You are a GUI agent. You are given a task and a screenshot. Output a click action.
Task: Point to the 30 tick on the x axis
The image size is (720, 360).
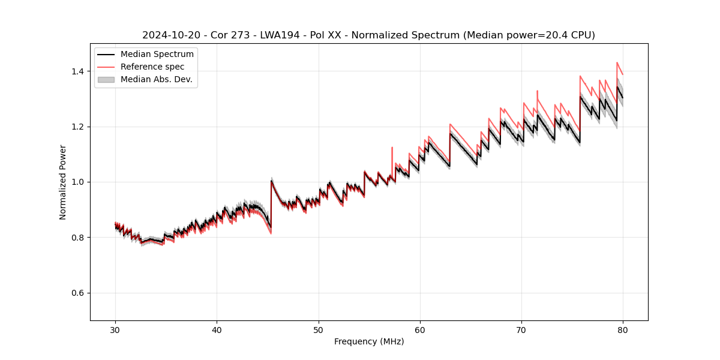(116, 329)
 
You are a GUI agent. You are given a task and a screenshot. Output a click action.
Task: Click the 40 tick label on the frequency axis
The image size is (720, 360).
(217, 329)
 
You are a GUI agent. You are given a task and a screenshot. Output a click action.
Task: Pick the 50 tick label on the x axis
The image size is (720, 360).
(319, 329)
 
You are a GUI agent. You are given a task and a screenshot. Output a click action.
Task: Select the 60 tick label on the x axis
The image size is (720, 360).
(420, 329)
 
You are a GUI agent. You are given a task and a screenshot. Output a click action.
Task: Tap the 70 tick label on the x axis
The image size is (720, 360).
(521, 329)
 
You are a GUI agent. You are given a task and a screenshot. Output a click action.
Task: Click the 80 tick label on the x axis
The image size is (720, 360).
(623, 329)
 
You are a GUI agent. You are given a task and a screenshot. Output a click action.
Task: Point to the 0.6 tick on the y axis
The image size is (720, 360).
(77, 293)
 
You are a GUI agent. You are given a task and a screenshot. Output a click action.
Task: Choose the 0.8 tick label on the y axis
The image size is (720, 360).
(77, 238)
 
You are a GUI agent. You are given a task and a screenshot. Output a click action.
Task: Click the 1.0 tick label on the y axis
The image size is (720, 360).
(77, 182)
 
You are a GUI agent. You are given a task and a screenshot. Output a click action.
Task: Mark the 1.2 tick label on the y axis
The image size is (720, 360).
(77, 127)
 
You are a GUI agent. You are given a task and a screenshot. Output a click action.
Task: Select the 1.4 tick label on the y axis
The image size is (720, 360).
(77, 71)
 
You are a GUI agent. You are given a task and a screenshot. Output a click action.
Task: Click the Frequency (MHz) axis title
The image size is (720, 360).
(369, 341)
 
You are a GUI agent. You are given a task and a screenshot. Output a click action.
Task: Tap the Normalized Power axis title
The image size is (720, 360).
(63, 182)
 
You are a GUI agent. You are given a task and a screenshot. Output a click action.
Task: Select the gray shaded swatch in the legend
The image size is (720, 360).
(106, 79)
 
